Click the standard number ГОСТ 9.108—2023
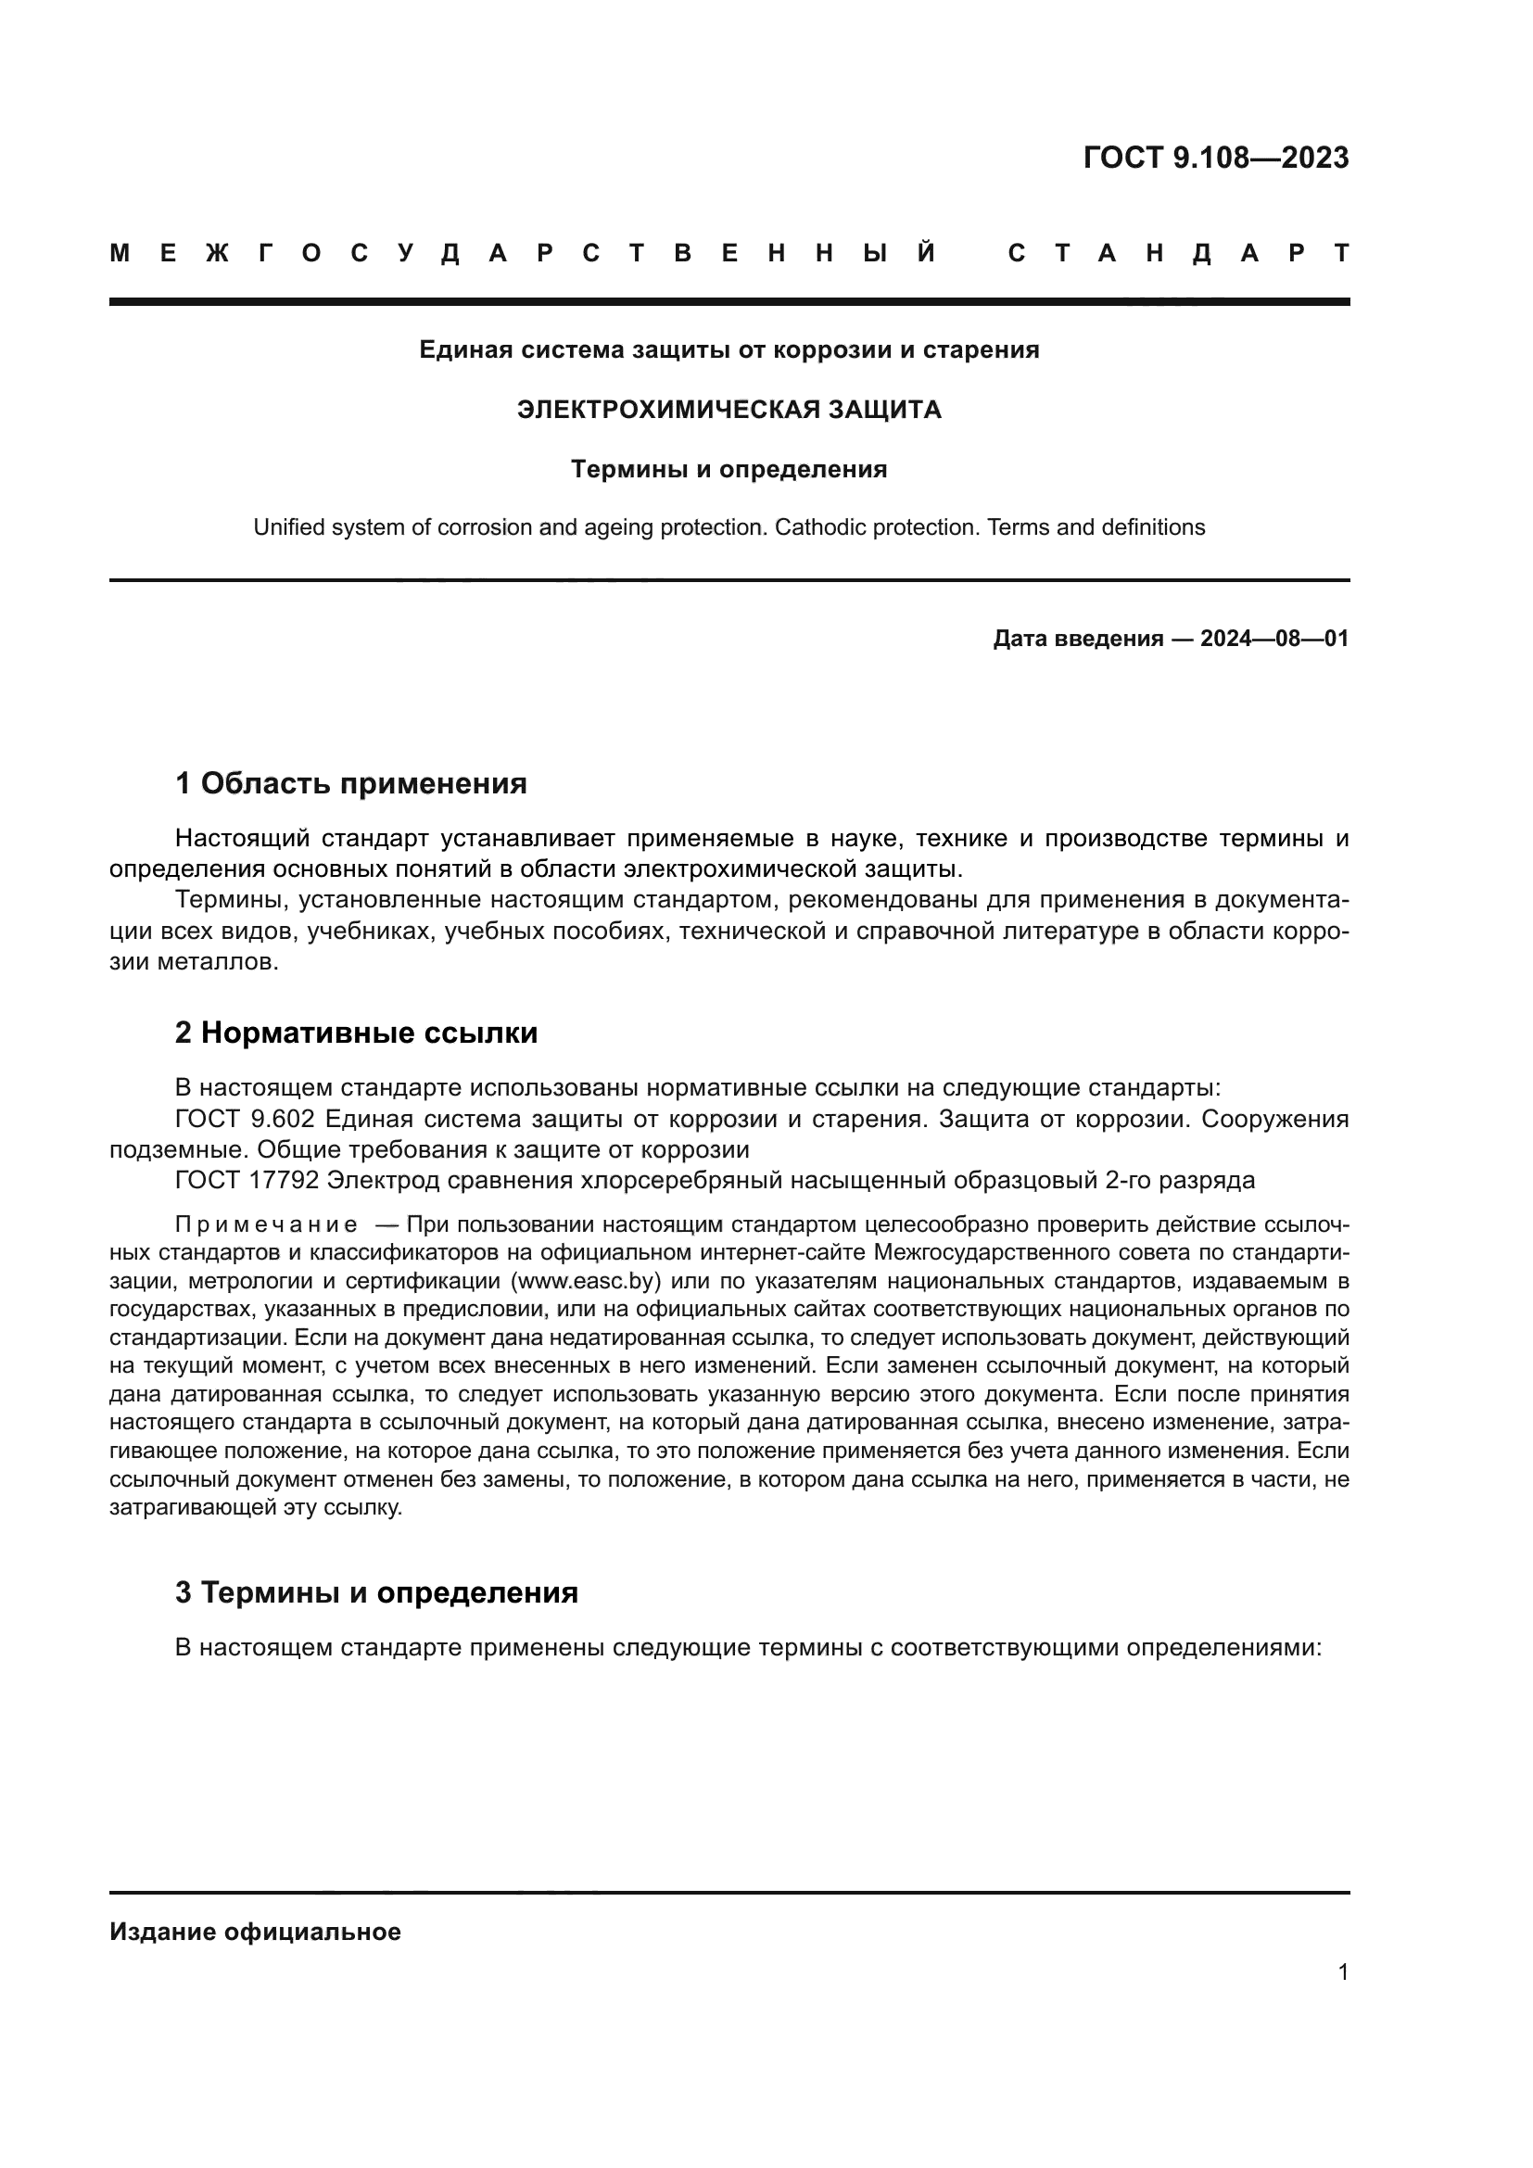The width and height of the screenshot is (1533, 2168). coord(1216,158)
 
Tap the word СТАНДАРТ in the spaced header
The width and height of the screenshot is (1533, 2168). coord(1179,253)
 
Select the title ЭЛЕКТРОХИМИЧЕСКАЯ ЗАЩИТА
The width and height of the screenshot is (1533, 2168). coord(728,410)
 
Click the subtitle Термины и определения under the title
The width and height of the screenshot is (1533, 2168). coord(728,469)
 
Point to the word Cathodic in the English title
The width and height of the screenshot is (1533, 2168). coord(814,526)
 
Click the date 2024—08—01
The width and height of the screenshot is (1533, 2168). coord(1274,639)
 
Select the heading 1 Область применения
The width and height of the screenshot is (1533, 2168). coord(350,783)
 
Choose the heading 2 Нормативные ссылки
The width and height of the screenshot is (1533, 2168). coord(356,1032)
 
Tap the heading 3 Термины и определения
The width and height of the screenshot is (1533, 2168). coord(375,1592)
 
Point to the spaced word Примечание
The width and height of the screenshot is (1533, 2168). coord(266,1225)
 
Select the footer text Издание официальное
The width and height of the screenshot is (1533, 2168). coord(255,1932)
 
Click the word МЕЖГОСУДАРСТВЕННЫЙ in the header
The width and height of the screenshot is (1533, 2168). coord(524,253)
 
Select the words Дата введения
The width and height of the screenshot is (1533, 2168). coord(1078,639)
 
